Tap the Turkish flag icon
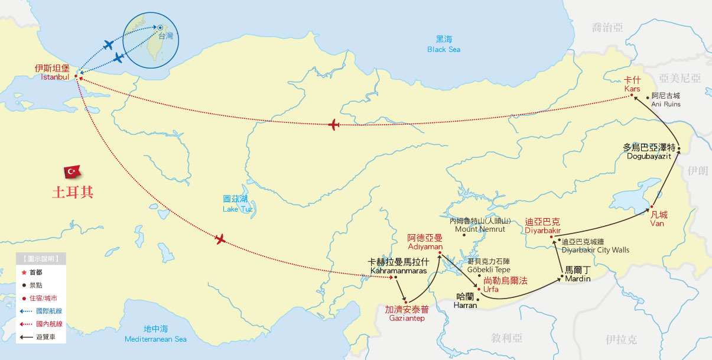(x=73, y=171)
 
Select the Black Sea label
(x=444, y=44)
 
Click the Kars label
(x=632, y=84)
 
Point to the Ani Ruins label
(x=665, y=100)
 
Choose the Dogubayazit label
(x=649, y=152)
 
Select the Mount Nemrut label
(x=480, y=225)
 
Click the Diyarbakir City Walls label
(x=595, y=246)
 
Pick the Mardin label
(x=577, y=274)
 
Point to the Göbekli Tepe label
(x=489, y=265)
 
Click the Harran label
(x=465, y=301)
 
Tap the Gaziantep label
(x=407, y=313)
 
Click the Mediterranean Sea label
(x=156, y=334)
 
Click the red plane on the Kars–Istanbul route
(x=334, y=125)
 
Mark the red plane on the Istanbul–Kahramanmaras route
(x=220, y=239)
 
